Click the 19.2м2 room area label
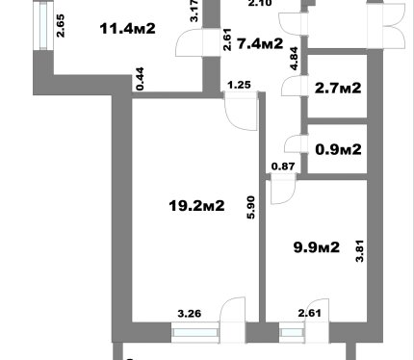click(x=196, y=206)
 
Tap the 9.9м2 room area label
click(x=317, y=247)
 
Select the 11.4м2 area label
click(x=128, y=29)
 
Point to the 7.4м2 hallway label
click(x=260, y=43)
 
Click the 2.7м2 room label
click(x=338, y=88)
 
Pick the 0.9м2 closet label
click(x=338, y=149)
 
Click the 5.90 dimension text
click(x=251, y=208)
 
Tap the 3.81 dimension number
click(x=360, y=251)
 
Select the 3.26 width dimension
click(x=190, y=314)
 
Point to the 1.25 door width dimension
click(x=239, y=85)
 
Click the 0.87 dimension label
click(x=283, y=167)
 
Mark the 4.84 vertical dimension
click(x=294, y=59)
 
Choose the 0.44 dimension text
click(x=140, y=79)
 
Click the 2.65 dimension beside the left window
click(x=61, y=26)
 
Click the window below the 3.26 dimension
click(x=195, y=333)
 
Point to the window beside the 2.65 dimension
click(x=43, y=26)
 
